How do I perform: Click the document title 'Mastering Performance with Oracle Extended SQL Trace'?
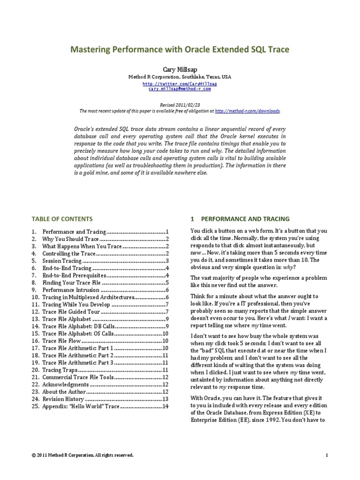tap(180, 49)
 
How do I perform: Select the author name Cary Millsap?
tap(180, 68)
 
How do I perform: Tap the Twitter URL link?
tap(180, 83)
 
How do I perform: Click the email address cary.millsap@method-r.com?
tap(180, 88)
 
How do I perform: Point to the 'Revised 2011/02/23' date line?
tap(180, 106)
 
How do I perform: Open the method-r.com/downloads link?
tap(247, 111)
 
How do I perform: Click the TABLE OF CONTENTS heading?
tap(62, 219)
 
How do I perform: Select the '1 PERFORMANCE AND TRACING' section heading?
tap(240, 219)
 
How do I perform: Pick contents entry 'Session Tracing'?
tap(62, 261)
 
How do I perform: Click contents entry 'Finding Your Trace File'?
tap(71, 283)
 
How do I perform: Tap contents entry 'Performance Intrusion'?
tap(69, 291)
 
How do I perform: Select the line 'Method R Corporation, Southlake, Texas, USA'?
tap(180, 76)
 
